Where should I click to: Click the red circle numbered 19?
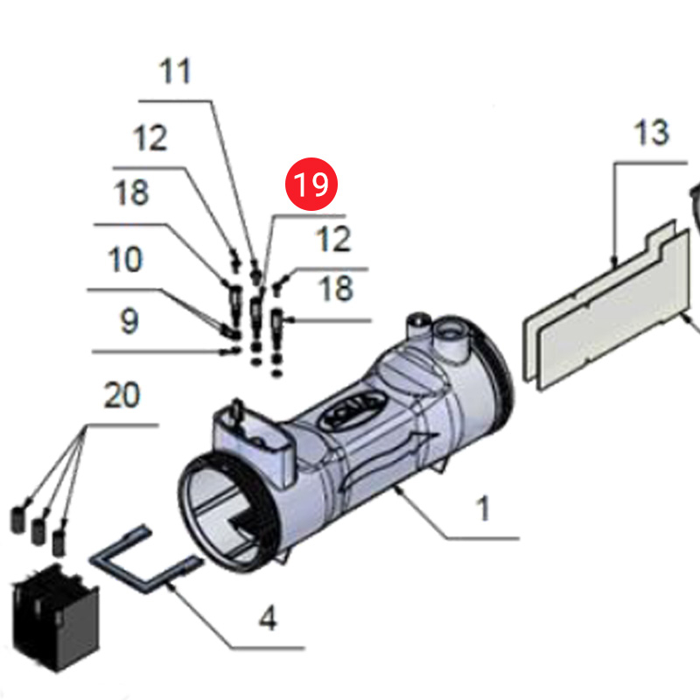[x=311, y=185]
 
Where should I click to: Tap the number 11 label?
[x=176, y=71]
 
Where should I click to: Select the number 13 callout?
[x=651, y=133]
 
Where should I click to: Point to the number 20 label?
[x=122, y=395]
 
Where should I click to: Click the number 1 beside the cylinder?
[x=484, y=508]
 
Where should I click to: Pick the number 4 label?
[x=268, y=619]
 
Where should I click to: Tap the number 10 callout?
[x=126, y=260]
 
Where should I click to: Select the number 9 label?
[x=129, y=321]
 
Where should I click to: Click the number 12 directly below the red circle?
[x=332, y=239]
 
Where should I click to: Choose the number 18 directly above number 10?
[x=131, y=192]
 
